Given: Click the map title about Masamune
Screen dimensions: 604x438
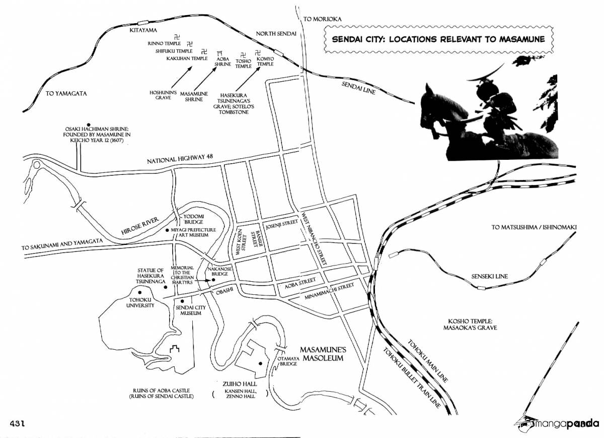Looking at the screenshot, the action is coord(438,39).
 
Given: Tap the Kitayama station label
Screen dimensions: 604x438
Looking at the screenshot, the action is coord(143,30).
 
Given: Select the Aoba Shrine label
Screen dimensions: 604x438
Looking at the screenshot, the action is coord(222,61).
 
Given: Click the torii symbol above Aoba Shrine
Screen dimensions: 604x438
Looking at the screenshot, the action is coord(220,52).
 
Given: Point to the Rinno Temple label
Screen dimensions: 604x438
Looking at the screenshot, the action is coord(164,43).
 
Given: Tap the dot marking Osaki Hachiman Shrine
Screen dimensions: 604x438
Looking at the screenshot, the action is coord(88,124).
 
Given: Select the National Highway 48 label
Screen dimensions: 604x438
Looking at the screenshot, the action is coord(180,159).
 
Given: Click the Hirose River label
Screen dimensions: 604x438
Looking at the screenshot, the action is coord(140,226).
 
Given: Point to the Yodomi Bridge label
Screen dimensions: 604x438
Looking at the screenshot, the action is coord(194,219).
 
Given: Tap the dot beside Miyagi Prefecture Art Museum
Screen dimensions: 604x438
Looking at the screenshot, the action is coord(167,230).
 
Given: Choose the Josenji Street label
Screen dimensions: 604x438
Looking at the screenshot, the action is coord(282,224).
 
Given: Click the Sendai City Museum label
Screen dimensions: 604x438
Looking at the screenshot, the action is coord(191,310).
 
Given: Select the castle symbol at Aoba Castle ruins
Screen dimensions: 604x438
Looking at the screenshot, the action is coord(175,349).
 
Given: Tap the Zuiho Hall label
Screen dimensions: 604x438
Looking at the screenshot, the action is coord(240,384).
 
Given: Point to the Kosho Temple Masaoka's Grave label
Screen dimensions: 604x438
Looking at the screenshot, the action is coord(471,324).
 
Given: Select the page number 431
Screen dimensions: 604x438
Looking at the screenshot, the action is coord(18,423).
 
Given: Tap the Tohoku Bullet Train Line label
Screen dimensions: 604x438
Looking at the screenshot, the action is coord(412,378).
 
